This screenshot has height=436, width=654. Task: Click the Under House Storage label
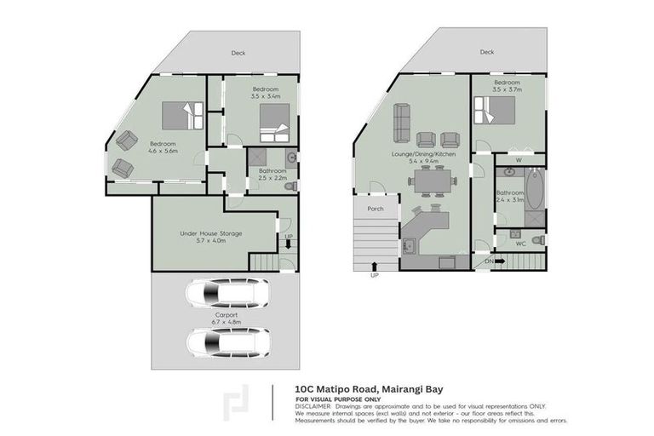click(211, 232)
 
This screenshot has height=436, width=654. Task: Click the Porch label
click(375, 209)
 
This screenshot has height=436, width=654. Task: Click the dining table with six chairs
click(433, 180)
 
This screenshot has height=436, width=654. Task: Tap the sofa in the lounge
click(402, 124)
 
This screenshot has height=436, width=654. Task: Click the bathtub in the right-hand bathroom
click(534, 190)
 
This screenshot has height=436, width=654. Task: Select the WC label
click(520, 244)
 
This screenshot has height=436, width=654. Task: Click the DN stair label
click(489, 261)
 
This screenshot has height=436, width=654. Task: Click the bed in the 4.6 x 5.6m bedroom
click(182, 114)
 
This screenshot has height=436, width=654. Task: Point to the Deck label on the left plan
click(238, 53)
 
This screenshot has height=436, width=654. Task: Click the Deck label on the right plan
click(486, 52)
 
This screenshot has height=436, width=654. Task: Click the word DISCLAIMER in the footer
click(313, 406)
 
